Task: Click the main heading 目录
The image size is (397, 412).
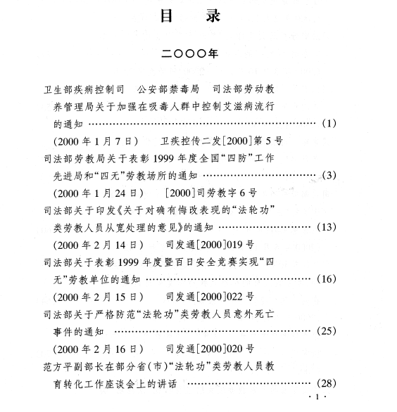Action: click(x=191, y=15)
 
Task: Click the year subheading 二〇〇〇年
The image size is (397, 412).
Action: click(x=189, y=54)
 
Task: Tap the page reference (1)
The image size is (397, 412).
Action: click(x=329, y=123)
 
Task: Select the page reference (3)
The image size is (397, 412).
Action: click(x=329, y=175)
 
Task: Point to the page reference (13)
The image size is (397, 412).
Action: click(x=327, y=227)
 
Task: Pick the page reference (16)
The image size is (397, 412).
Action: click(x=327, y=279)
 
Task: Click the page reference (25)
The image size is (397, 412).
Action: click(x=327, y=330)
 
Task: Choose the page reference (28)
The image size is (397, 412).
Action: click(x=327, y=383)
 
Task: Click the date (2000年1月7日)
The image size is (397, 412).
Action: click(x=96, y=141)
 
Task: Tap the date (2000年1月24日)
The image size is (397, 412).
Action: click(x=99, y=193)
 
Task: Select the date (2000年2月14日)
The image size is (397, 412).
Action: click(x=99, y=245)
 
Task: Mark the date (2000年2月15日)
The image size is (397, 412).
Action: click(x=99, y=297)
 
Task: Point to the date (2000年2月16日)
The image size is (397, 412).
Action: click(x=99, y=349)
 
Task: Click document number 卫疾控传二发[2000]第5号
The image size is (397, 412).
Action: click(x=222, y=141)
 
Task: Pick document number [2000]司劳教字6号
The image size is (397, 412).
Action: click(x=211, y=193)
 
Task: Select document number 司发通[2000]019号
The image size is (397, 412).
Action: click(x=210, y=245)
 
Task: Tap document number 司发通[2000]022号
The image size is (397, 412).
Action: click(x=210, y=297)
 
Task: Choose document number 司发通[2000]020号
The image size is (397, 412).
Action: click(x=210, y=349)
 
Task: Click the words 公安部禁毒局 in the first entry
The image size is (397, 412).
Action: click(x=168, y=89)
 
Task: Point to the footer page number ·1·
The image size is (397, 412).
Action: click(x=317, y=397)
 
